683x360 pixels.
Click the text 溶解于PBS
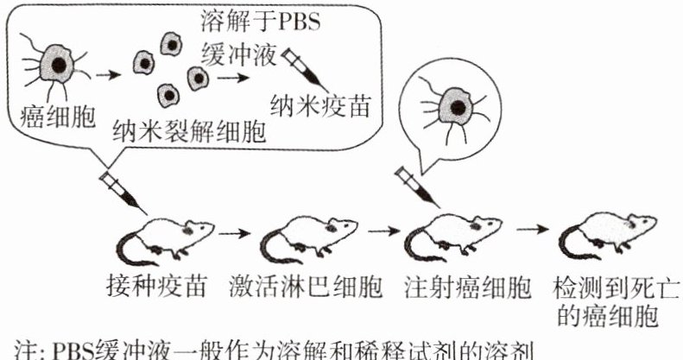259,20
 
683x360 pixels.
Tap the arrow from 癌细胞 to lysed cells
106,73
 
